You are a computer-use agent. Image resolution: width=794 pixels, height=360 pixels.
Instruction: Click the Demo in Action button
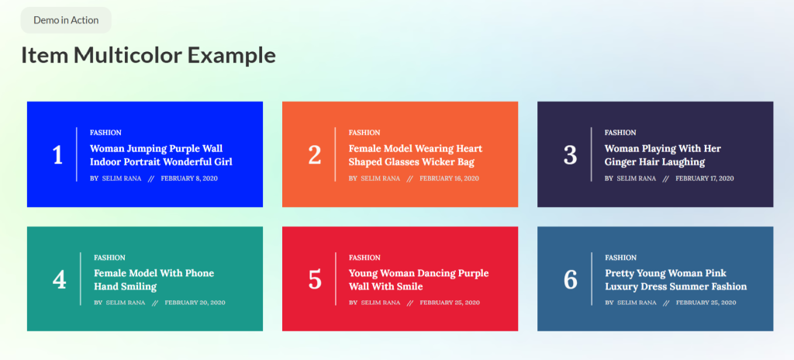click(x=66, y=20)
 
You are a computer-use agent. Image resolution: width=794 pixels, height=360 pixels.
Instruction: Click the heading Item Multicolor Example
click(x=148, y=55)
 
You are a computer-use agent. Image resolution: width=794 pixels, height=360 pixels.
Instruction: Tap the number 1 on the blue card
click(x=57, y=155)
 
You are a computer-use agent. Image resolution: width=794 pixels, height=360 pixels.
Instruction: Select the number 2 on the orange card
click(x=314, y=155)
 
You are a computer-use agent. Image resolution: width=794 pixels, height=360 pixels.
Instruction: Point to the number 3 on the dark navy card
click(x=570, y=155)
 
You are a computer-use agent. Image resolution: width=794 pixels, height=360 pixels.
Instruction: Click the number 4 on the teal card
click(x=59, y=279)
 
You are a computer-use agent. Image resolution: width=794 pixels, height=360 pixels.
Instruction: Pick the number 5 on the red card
click(x=314, y=279)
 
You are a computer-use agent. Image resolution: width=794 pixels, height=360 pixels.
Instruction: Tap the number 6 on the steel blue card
click(x=570, y=279)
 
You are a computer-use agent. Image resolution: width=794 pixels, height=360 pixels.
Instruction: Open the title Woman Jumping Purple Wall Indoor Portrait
click(x=161, y=155)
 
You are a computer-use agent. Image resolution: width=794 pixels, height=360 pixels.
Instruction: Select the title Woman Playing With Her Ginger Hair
click(x=662, y=155)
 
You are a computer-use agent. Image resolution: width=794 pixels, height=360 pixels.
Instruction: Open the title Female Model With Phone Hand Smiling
click(x=154, y=280)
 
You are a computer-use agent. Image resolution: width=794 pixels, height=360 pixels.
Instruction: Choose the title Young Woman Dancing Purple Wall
click(x=419, y=280)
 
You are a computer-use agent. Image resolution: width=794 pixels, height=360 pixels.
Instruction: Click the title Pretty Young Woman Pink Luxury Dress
click(x=675, y=280)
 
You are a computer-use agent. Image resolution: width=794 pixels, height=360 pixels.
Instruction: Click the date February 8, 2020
click(x=189, y=178)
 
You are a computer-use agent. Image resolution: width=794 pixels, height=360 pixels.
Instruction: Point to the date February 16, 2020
click(x=449, y=178)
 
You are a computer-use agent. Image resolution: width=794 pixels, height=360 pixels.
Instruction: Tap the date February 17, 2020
click(x=704, y=178)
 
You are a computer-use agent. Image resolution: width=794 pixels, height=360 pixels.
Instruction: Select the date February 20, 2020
click(x=195, y=303)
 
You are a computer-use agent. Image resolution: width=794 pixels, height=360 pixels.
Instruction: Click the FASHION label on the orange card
click(x=364, y=133)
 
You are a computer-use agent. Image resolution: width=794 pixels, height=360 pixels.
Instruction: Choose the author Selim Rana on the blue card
click(x=121, y=178)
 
